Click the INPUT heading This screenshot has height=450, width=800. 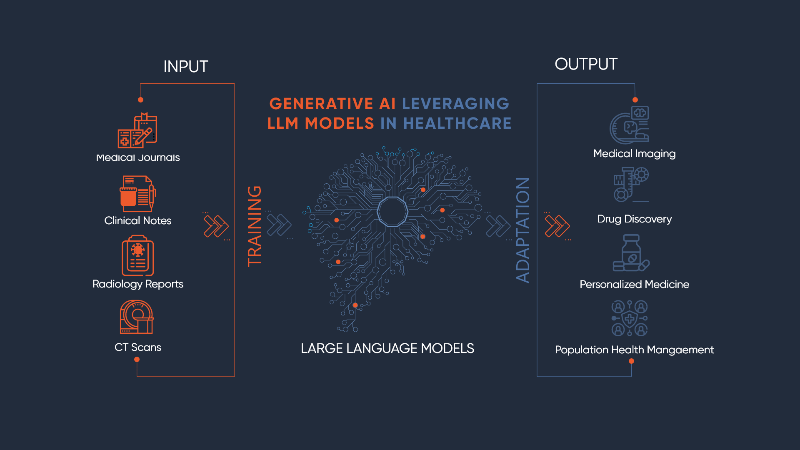[185, 67]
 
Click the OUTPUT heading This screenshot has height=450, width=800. [586, 64]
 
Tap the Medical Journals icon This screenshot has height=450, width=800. [137, 130]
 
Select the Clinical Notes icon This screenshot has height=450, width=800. [138, 194]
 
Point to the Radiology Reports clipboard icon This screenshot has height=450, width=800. [137, 256]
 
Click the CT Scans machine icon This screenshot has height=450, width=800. [137, 317]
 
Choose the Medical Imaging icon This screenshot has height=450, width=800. [630, 125]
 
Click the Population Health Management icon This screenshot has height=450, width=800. [630, 318]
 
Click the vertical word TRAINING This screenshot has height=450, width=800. [255, 226]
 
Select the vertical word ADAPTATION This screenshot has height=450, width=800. [523, 230]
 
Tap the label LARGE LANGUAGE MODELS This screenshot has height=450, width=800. [387, 348]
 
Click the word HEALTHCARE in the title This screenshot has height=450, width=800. [457, 123]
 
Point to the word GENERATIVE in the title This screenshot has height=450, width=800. [321, 104]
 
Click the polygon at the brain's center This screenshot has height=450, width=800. [392, 212]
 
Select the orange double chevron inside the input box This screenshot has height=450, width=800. [216, 226]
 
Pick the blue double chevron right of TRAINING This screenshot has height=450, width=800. [279, 225]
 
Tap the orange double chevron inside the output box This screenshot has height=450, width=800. [557, 226]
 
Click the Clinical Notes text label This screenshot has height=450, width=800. [138, 220]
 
